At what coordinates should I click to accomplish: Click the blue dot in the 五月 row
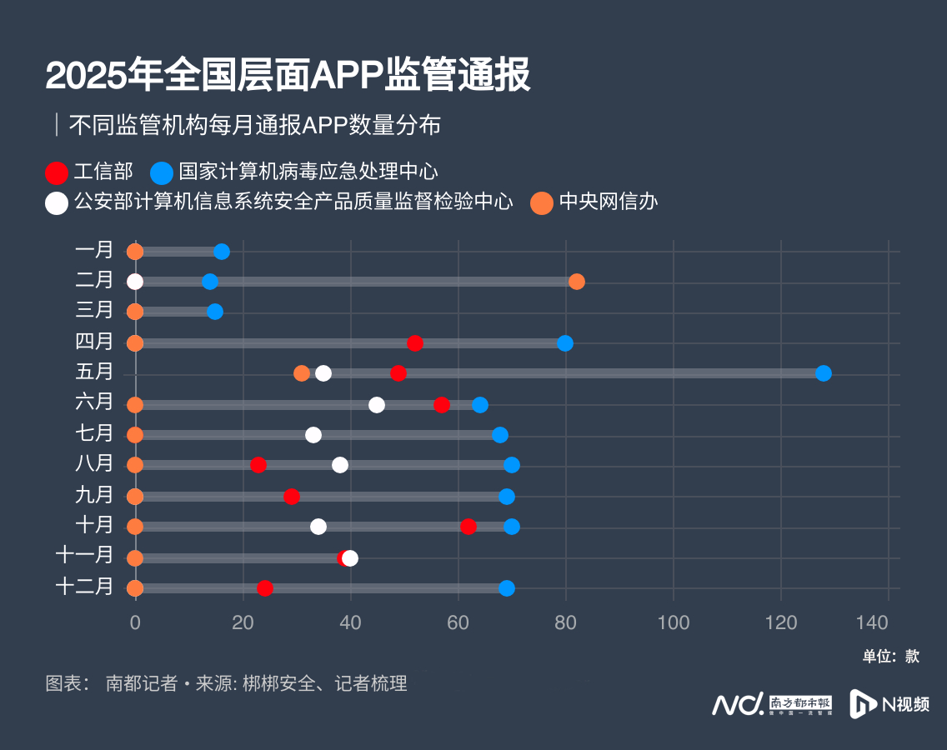(x=824, y=373)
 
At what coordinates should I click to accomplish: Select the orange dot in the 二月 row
(x=577, y=282)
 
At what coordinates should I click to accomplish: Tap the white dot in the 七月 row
(x=313, y=434)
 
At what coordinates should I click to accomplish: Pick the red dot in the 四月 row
(x=415, y=343)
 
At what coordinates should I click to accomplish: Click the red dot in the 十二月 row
(x=265, y=588)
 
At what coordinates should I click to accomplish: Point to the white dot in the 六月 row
(x=377, y=405)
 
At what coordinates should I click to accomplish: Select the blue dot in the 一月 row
(x=222, y=252)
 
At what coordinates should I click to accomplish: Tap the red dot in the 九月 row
(x=292, y=497)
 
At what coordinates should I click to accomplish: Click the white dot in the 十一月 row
(x=351, y=558)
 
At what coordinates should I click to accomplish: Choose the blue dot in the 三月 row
(x=215, y=312)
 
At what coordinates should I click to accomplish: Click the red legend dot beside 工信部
(x=57, y=172)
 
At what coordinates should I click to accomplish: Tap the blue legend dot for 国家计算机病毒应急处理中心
(x=162, y=172)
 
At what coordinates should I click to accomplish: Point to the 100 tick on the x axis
(x=674, y=622)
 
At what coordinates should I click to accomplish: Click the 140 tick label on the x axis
(x=889, y=622)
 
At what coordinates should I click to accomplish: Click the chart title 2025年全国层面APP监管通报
(x=288, y=75)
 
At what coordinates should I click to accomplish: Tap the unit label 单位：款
(x=891, y=656)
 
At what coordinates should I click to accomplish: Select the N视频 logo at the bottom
(x=889, y=704)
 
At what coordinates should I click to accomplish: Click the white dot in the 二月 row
(x=135, y=282)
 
